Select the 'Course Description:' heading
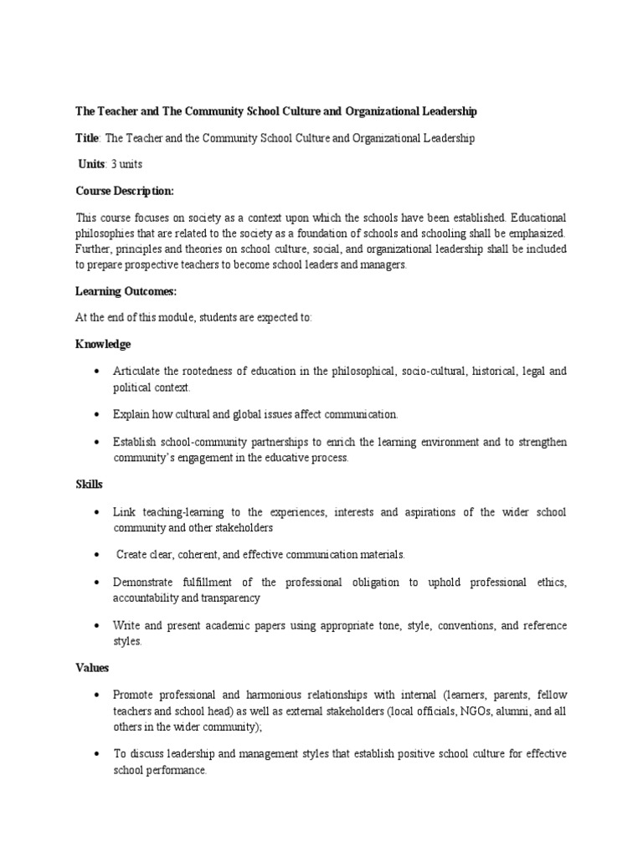click(x=125, y=192)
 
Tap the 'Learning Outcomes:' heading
click(x=126, y=290)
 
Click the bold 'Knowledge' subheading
click(x=103, y=344)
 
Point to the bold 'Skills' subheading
click(x=89, y=485)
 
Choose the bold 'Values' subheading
click(x=92, y=669)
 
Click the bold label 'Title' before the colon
click(x=88, y=139)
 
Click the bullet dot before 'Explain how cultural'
click(x=98, y=415)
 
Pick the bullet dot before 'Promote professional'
click(x=98, y=695)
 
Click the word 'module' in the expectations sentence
click(x=178, y=317)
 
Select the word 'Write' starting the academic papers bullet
click(x=127, y=626)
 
